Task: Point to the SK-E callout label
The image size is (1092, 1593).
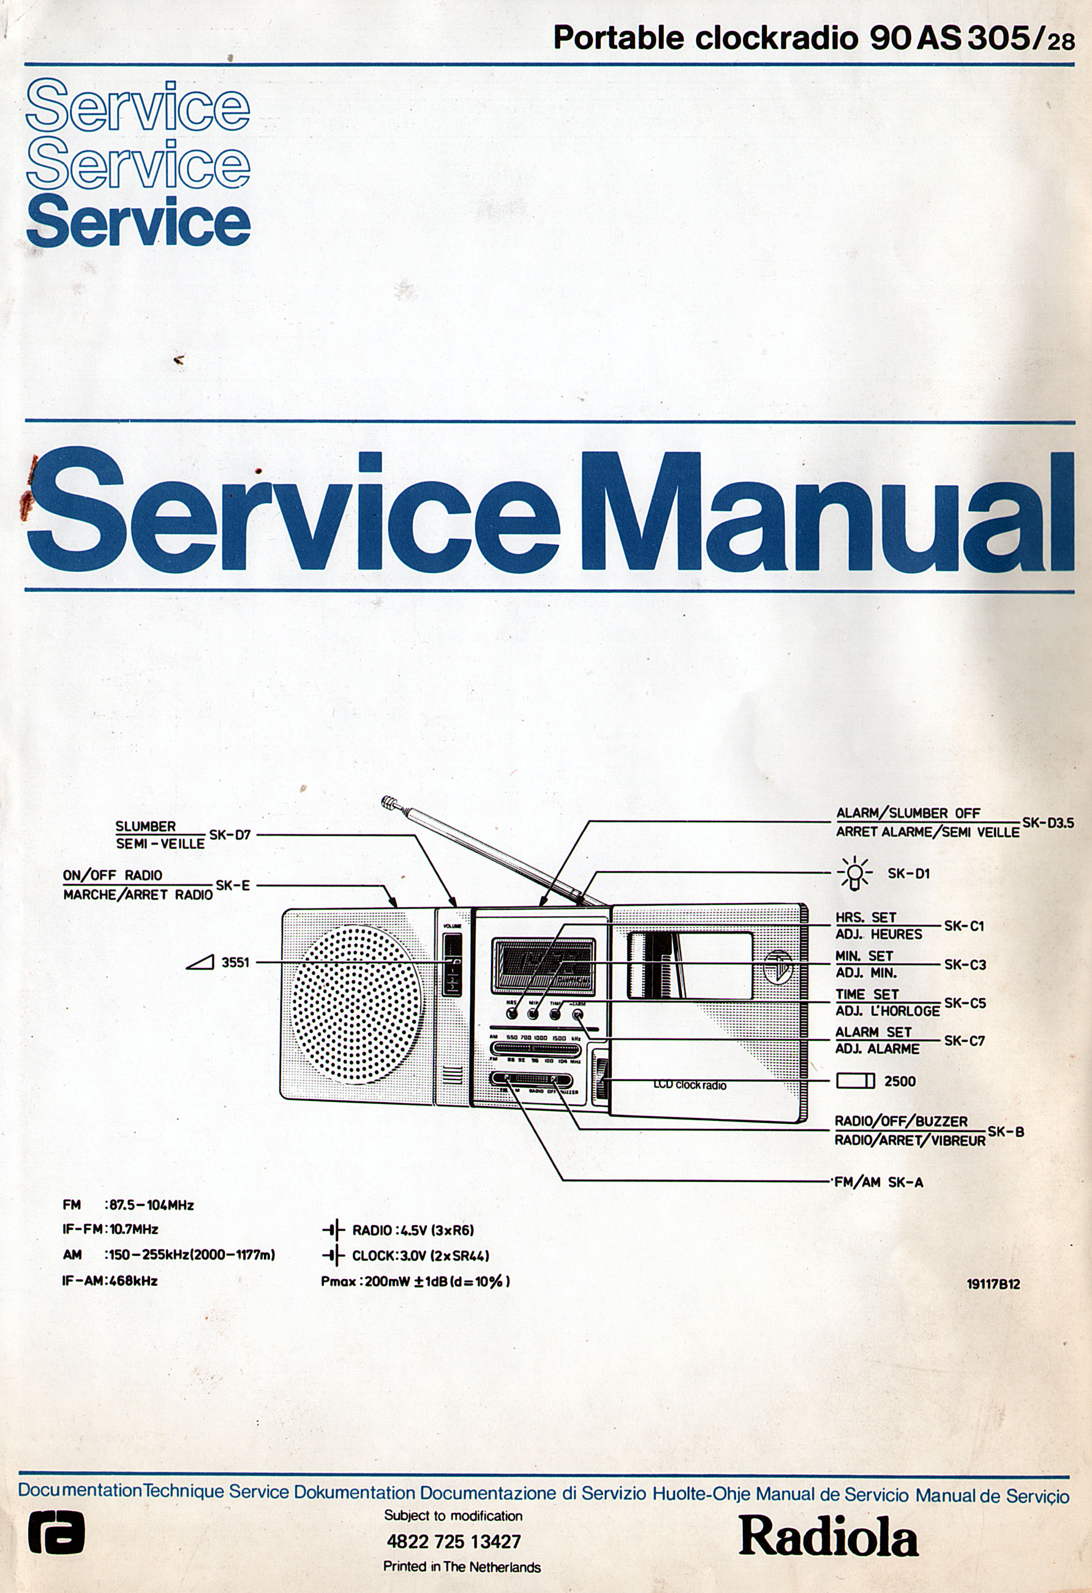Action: pos(232,885)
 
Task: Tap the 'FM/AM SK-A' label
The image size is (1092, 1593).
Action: pos(878,1182)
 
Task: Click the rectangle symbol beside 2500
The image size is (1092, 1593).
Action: pos(856,1081)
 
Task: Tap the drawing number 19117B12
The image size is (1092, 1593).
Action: pos(993,1284)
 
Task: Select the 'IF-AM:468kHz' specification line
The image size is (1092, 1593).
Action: pos(110,1280)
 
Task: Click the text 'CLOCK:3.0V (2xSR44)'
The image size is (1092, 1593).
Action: pos(420,1256)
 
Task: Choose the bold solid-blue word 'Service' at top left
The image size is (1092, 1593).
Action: pos(138,221)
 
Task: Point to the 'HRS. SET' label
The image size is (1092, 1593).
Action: pos(866,917)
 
